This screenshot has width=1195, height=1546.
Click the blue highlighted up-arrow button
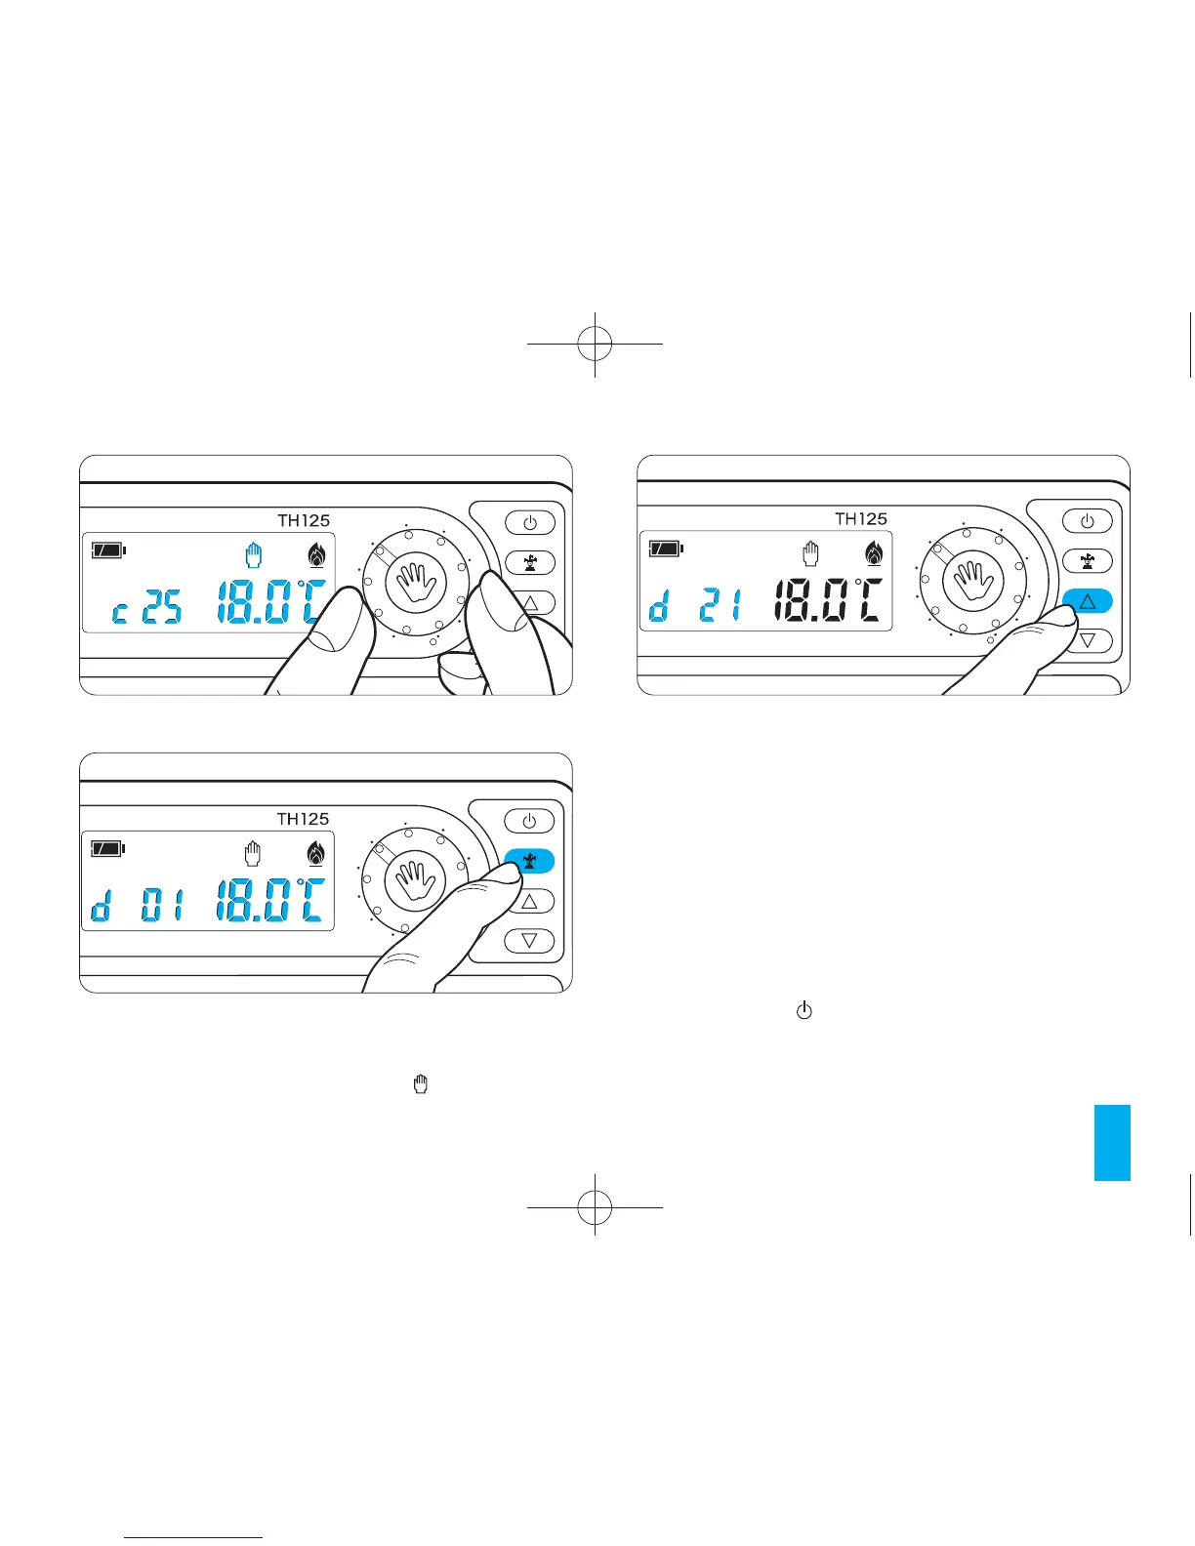point(1087,602)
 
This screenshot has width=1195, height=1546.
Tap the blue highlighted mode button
point(529,861)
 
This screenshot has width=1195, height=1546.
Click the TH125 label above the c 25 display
point(304,520)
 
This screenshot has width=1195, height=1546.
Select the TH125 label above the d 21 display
point(861,518)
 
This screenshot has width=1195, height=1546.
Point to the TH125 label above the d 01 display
point(304,819)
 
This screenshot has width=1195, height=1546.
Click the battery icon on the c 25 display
point(108,550)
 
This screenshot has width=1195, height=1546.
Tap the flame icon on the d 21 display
point(874,552)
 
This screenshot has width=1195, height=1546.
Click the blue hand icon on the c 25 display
point(254,555)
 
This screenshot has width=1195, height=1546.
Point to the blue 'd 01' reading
point(137,906)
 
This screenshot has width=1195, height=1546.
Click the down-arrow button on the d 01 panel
point(529,941)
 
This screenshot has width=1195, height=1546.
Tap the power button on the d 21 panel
point(1087,521)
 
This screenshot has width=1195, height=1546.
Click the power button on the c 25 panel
point(529,522)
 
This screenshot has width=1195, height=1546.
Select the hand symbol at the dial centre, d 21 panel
point(972,582)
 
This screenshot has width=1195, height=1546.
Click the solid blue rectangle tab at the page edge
point(1112,1143)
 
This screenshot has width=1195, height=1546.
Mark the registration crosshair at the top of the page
point(595,344)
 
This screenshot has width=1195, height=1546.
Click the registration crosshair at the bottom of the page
point(595,1208)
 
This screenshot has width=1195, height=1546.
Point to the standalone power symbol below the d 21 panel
point(804,1011)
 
